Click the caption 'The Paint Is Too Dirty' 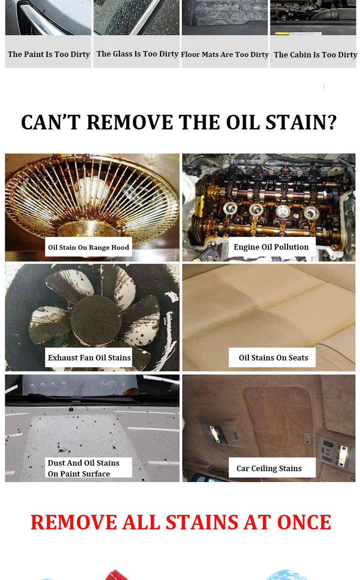click(x=49, y=54)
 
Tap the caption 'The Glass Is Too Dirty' click(x=137, y=54)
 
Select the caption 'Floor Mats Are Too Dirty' click(x=225, y=55)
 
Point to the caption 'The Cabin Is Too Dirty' click(x=315, y=55)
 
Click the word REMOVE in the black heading click(x=130, y=122)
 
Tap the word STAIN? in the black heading click(x=301, y=122)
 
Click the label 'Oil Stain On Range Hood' click(x=88, y=247)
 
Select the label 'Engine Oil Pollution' click(x=271, y=247)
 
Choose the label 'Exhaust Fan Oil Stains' click(x=89, y=358)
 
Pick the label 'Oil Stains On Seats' click(x=274, y=358)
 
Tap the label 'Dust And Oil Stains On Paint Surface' click(x=84, y=468)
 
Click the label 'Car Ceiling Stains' click(x=269, y=468)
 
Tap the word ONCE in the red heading click(x=304, y=522)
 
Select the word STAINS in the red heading click(x=202, y=522)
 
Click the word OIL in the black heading click(x=243, y=122)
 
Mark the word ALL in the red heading click(x=141, y=522)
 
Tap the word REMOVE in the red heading click(x=74, y=522)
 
